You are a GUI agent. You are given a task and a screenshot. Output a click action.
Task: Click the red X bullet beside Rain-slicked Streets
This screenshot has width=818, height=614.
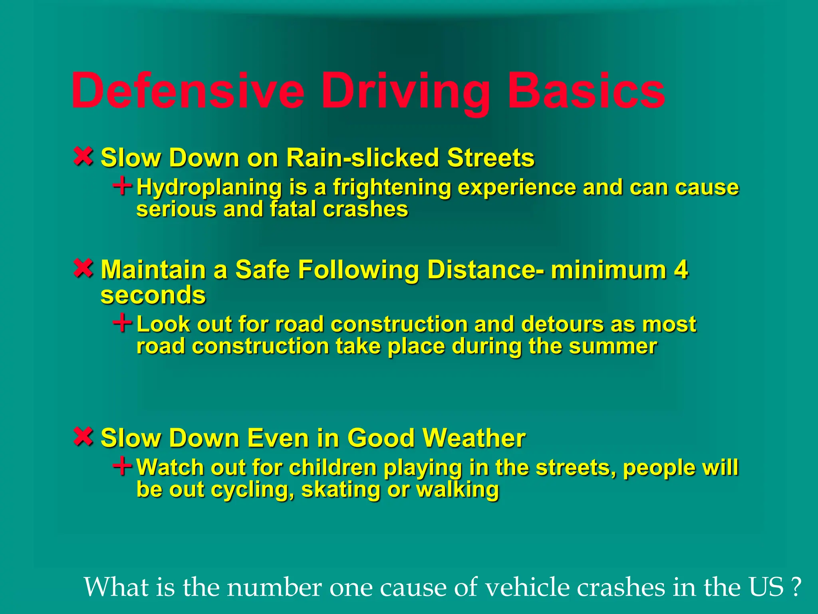click(83, 156)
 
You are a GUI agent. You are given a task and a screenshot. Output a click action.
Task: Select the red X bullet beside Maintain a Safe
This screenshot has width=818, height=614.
click(83, 268)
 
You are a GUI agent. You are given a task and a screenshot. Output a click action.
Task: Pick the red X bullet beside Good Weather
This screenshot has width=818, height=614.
click(83, 437)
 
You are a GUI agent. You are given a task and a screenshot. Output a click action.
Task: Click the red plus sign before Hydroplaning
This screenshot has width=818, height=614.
click(122, 186)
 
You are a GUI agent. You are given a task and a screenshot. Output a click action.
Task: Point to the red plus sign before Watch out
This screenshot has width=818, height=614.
click(122, 466)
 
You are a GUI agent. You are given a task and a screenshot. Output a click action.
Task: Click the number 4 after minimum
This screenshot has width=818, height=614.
click(681, 269)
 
